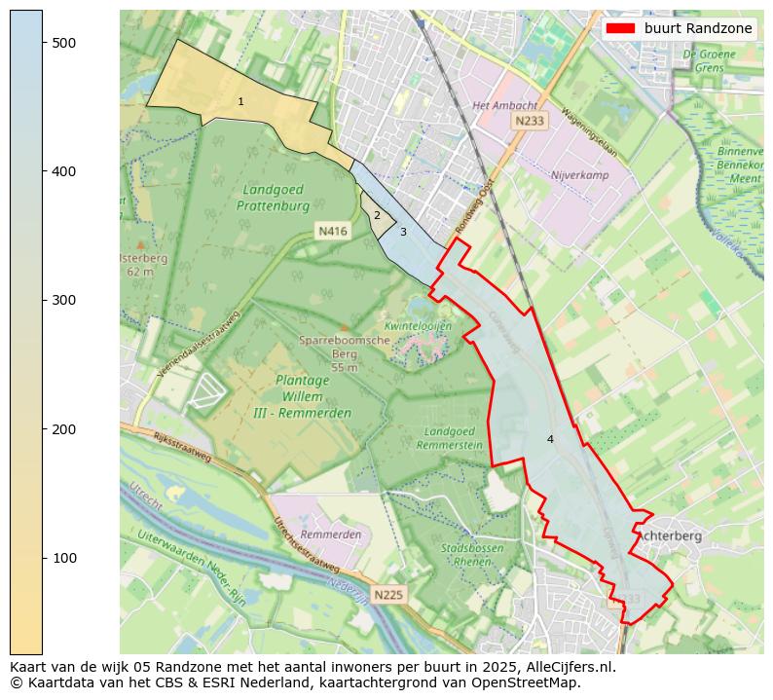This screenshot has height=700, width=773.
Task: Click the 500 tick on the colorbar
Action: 43,43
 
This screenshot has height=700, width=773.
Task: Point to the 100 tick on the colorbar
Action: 43,558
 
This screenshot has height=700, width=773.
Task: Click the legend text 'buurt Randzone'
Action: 698,28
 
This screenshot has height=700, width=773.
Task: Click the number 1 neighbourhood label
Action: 240,102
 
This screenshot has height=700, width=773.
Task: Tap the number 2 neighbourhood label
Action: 377,216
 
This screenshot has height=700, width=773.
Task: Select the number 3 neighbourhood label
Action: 403,232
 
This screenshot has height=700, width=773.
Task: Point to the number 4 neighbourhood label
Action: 550,439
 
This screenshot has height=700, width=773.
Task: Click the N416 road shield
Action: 332,231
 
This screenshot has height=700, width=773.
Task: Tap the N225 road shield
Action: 387,595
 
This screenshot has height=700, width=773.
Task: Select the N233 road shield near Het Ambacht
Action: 530,121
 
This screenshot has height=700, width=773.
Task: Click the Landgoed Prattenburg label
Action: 273,198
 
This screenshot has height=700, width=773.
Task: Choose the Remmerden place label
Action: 330,534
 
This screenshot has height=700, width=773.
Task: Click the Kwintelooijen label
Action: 418,326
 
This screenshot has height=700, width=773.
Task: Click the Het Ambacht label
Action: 503,105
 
